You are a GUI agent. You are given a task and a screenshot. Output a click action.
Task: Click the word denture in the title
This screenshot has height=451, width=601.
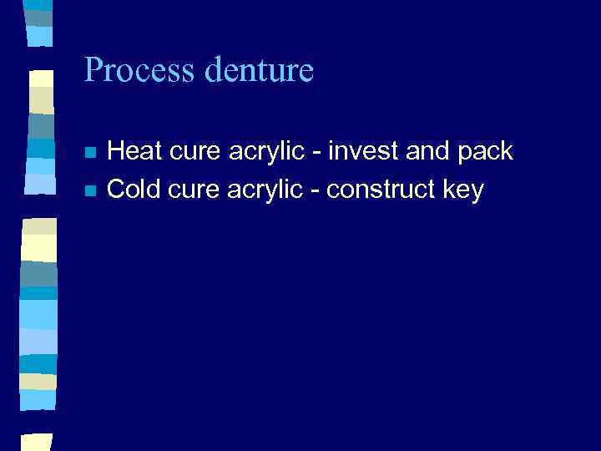(259, 70)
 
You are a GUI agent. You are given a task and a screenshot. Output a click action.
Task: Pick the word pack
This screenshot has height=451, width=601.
(487, 153)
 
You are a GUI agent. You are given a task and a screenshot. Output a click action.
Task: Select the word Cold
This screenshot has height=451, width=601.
(134, 190)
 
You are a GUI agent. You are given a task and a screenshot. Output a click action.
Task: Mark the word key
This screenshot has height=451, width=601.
(463, 191)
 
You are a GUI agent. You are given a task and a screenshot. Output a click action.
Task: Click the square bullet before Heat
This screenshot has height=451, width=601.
(90, 153)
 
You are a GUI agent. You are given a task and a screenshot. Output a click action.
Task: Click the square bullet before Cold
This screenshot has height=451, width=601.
(90, 191)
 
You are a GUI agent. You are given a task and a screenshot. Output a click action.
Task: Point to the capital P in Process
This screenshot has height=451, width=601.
(93, 70)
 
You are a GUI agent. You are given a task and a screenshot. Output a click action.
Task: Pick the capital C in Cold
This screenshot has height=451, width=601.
(117, 190)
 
